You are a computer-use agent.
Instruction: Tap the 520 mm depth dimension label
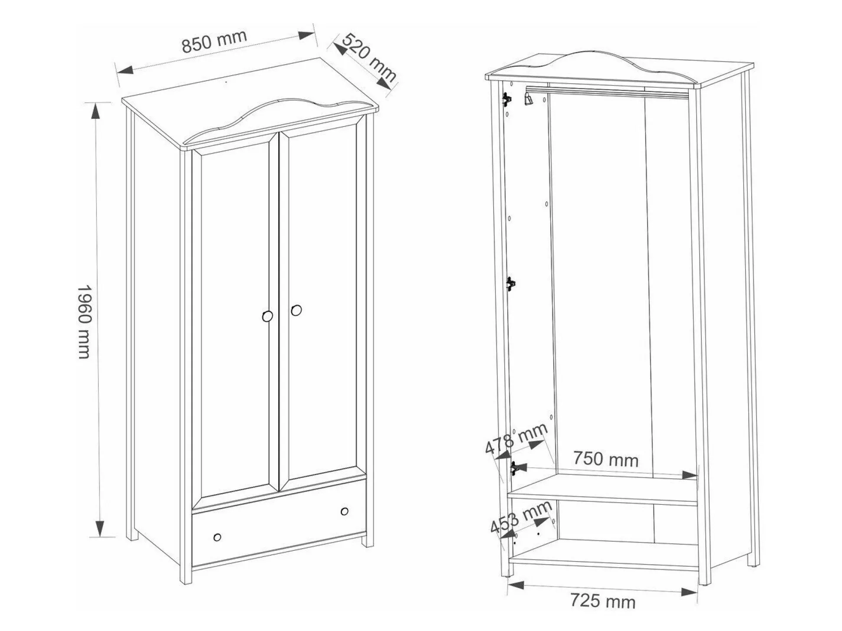click(x=369, y=57)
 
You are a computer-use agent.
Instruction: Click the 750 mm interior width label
click(x=606, y=459)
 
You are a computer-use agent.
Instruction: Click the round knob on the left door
click(x=268, y=316)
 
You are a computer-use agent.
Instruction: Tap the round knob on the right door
click(x=296, y=310)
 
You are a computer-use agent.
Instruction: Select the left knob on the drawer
click(x=217, y=537)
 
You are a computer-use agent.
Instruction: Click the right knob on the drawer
click(x=345, y=511)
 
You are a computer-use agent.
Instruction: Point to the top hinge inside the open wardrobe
click(x=506, y=99)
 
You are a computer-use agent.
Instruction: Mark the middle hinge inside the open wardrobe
click(x=511, y=284)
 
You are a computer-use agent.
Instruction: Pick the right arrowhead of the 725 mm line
click(x=689, y=592)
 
